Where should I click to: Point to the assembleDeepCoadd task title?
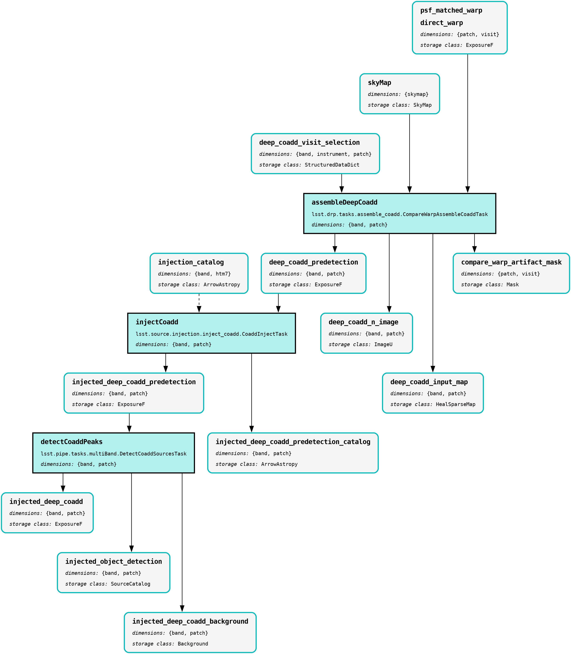pos(344,202)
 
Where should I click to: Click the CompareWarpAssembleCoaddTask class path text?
pos(400,214)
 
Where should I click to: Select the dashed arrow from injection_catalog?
pos(199,302)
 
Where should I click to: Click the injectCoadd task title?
pos(157,322)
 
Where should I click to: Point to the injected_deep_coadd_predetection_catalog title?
pos(293,442)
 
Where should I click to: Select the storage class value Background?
pos(193,644)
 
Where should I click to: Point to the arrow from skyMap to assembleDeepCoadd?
pos(409,153)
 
